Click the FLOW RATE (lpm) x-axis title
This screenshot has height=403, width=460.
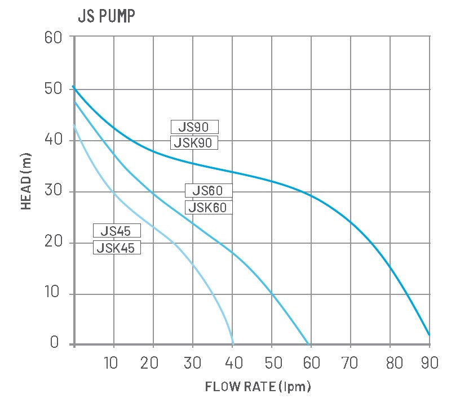(258, 387)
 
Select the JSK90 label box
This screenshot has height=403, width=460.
(194, 142)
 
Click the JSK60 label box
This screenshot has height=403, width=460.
(209, 207)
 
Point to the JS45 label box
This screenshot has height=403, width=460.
(116, 230)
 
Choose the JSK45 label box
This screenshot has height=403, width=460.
(116, 247)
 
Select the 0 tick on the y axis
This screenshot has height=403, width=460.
(55, 342)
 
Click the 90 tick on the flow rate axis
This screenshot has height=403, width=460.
(429, 362)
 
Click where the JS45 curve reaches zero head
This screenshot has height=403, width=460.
(233, 343)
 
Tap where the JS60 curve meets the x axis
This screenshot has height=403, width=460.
(309, 343)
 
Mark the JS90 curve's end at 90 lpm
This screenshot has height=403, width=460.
(430, 334)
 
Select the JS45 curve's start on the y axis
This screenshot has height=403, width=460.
(74, 125)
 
